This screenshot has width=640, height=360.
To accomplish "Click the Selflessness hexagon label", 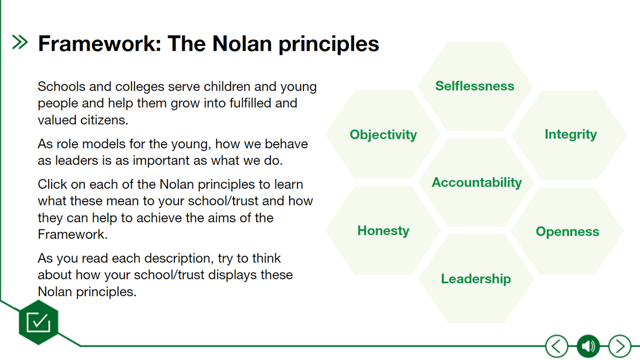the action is coord(475,86).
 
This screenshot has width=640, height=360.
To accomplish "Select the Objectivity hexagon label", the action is coord(383,135).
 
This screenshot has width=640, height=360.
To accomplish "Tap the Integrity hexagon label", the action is coord(571,134).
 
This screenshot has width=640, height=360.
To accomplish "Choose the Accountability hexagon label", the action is coord(477,182).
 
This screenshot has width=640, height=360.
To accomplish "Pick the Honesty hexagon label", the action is coord(383,231).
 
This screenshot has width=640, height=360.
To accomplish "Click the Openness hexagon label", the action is coord(567,231).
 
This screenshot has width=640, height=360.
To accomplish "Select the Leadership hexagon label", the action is coord(476,279).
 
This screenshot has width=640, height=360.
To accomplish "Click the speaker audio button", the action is coord(588,346).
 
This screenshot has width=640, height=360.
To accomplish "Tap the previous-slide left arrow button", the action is coord(557,346).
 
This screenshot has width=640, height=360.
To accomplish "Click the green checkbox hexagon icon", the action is coord(38,322).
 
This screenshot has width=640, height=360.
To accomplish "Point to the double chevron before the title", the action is coord(20,42).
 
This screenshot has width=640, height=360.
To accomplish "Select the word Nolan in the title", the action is coord(242,44).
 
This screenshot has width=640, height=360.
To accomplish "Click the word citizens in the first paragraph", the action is coord(105,120).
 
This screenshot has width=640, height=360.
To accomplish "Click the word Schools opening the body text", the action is coord(61,86).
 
